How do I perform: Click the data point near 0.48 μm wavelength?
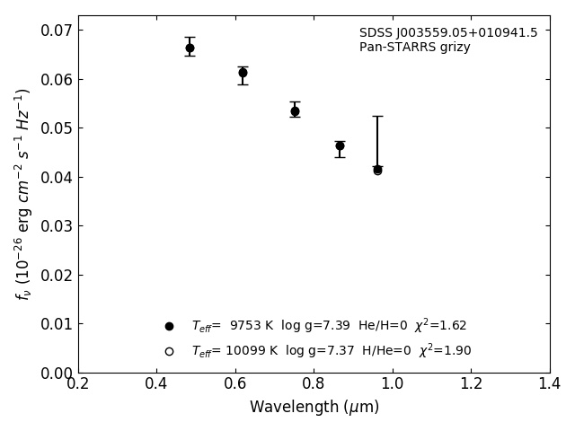(190, 48)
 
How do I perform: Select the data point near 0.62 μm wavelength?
(243, 73)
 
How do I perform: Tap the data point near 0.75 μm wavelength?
(295, 111)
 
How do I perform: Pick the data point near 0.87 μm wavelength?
(340, 145)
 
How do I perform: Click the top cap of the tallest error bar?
(377, 116)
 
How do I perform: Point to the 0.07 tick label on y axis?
(55, 31)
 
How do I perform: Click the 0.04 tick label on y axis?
(55, 177)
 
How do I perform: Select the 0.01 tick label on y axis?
(55, 324)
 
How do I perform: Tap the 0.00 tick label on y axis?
(55, 373)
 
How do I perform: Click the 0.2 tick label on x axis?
(78, 383)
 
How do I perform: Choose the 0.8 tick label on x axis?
(314, 383)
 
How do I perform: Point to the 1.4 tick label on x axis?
(549, 383)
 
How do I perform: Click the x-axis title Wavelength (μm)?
(314, 408)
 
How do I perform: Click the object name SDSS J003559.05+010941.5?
(448, 33)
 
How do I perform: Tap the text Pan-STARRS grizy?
(414, 48)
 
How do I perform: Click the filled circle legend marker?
(169, 326)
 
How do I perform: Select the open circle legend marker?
(169, 351)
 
